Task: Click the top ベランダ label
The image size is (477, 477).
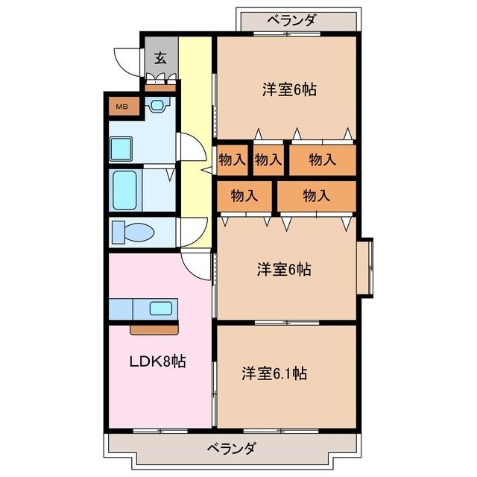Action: pos(292,20)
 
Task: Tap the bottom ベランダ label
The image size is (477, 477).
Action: pos(230,448)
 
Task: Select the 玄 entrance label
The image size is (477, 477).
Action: pos(160,58)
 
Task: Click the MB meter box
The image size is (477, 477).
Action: pos(121,107)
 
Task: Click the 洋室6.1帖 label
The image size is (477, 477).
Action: pos(274,373)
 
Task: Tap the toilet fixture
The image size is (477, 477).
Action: pos(133,233)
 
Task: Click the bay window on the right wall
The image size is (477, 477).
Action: pos(364,267)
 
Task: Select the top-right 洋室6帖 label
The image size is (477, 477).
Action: pos(289,90)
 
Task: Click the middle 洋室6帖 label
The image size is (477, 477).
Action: pos(284,270)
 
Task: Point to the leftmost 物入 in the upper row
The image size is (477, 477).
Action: pos(232,159)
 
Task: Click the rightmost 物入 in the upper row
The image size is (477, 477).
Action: pos(322,159)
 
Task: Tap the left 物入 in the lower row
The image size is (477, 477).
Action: pos(244,196)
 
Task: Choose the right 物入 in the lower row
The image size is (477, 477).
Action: pos(317,196)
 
